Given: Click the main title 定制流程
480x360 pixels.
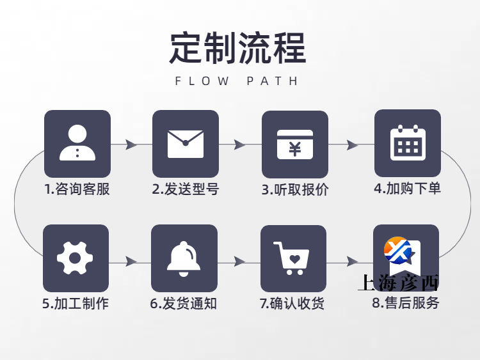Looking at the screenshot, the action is coord(238,49).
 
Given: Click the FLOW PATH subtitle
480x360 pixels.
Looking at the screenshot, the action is coord(236,81).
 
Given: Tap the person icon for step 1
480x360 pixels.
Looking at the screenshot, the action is coord(77,143).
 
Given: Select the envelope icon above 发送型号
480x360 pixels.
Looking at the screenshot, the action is coord(186,144).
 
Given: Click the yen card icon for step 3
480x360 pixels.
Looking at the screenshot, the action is coord(295,145).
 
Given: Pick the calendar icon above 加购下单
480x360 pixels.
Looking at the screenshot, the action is coord(408,143).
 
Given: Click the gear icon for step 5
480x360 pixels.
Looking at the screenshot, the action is coord(75,258).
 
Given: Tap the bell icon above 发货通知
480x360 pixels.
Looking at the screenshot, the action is coord(184,259).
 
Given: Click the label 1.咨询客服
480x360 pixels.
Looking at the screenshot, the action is coord(77,189).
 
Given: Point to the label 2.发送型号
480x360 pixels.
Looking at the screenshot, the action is coord(186,189).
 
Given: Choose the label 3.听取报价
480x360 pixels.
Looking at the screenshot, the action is coord(295,190).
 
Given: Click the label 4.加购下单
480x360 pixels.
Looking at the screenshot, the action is coord(408,189).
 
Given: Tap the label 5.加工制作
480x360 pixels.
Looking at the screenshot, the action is coord(76,304).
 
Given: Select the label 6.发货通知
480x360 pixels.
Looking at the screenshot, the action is coord(184,304).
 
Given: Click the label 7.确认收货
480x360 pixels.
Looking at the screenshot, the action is coord(292,304).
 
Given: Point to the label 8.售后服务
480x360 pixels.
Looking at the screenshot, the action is coord(406,303).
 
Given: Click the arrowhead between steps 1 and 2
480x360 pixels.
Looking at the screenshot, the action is coord(131,145).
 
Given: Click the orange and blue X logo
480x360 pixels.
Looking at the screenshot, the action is coord(397,250).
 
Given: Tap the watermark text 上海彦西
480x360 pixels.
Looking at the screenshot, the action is coord(398,283).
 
